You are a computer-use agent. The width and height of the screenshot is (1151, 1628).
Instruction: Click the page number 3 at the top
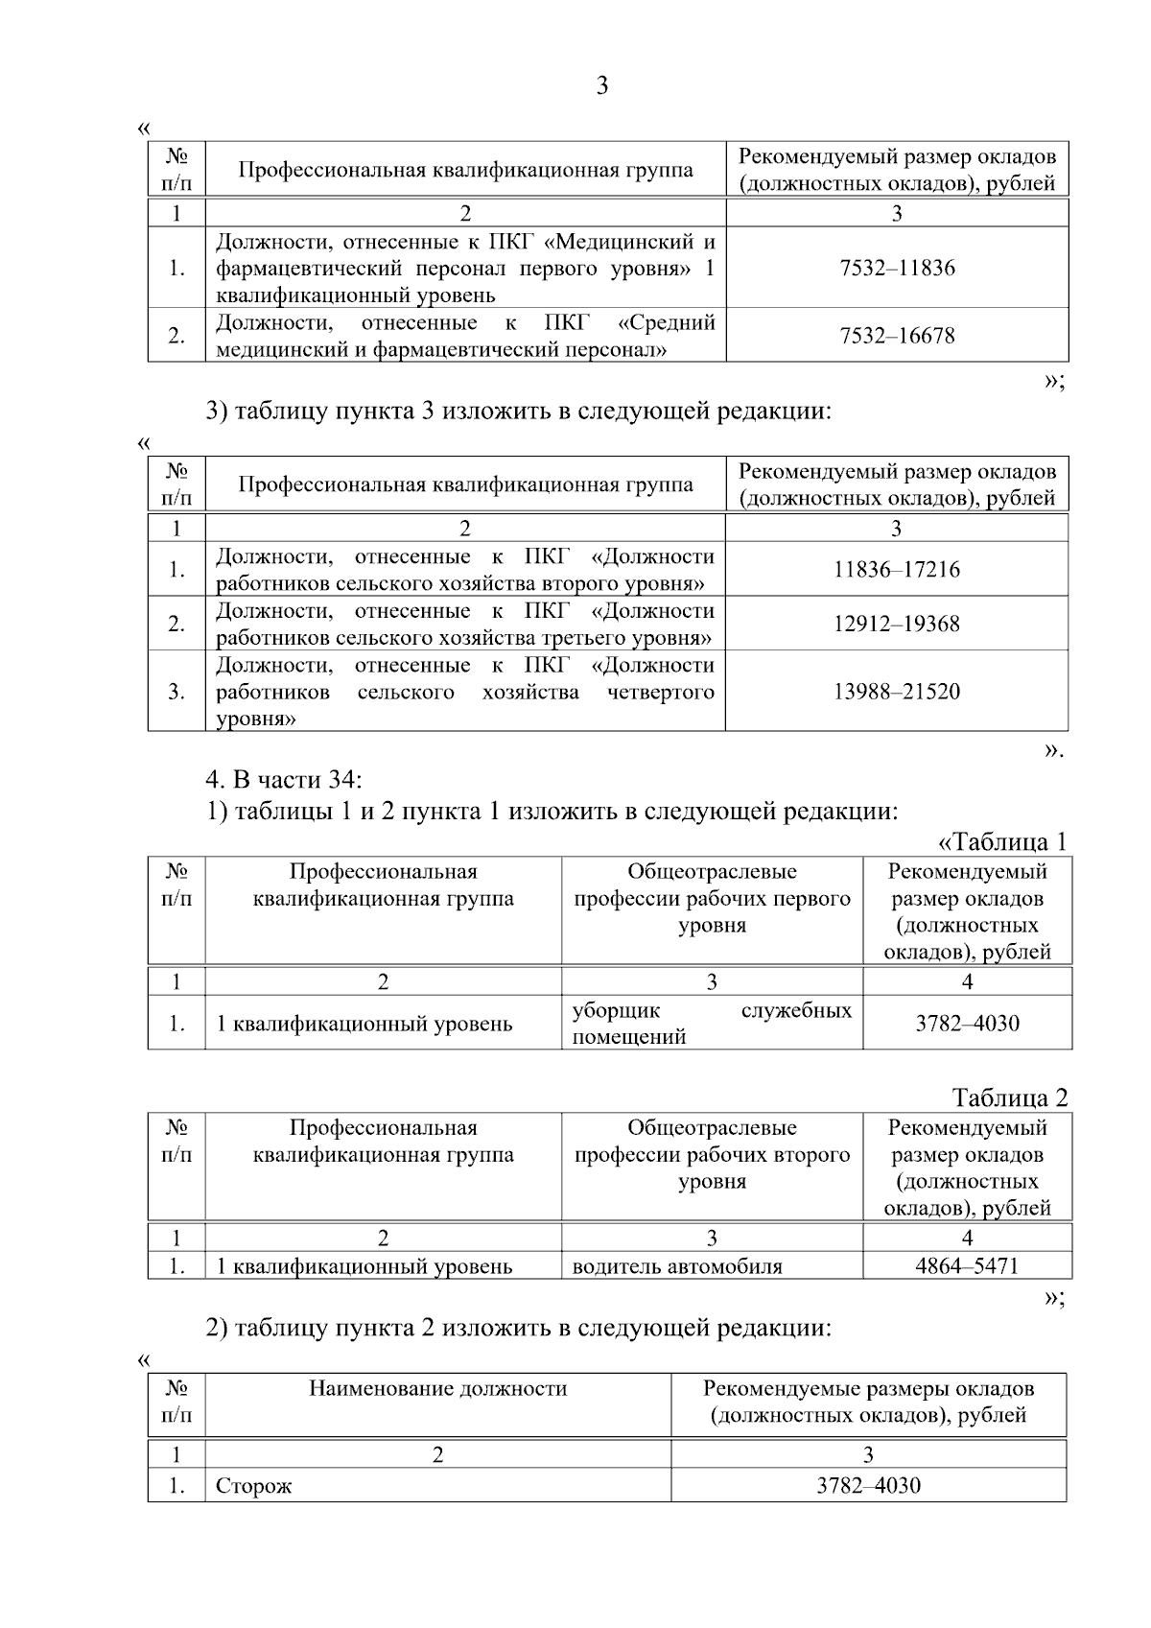tap(601, 86)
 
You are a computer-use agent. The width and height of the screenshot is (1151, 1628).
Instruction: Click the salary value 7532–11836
tap(897, 268)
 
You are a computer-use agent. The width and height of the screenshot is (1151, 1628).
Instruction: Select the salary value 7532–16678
tap(897, 336)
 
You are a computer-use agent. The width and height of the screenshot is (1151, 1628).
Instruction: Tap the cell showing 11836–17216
tap(897, 570)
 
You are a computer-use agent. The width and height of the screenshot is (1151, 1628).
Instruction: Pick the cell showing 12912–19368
tap(897, 625)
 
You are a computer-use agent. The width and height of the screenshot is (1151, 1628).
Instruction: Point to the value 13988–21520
tap(897, 692)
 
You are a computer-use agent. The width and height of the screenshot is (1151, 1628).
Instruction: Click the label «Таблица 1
tap(1001, 842)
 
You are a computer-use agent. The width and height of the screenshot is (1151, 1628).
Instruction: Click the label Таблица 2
tap(1009, 1097)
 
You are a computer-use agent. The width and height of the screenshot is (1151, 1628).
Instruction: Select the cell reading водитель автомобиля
tap(677, 1266)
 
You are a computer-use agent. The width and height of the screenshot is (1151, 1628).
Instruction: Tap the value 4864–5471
tap(967, 1266)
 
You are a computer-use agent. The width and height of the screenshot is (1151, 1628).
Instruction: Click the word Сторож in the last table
tap(254, 1487)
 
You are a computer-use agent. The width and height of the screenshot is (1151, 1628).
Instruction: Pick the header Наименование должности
tap(437, 1388)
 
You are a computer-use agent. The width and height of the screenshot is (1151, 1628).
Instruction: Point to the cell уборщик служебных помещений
tap(711, 1024)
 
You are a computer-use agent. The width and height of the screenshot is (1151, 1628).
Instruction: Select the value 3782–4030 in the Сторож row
tap(868, 1486)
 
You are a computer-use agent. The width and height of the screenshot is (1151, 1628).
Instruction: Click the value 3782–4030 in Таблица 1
tap(967, 1024)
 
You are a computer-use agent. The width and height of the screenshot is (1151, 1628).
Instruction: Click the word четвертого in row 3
tap(661, 693)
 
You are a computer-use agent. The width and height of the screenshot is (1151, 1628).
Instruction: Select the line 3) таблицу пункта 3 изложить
tap(518, 412)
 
